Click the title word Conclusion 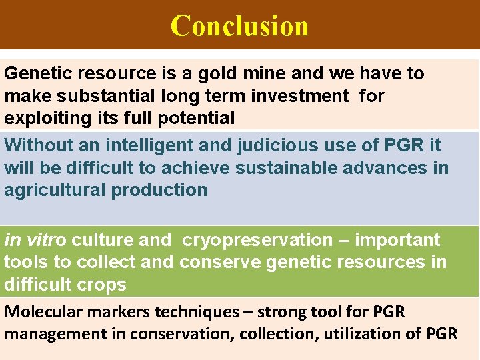point(240,26)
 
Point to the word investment point(299,96)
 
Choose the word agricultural point(55,190)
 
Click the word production point(159,190)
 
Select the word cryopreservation point(257,240)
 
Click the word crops point(99,285)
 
